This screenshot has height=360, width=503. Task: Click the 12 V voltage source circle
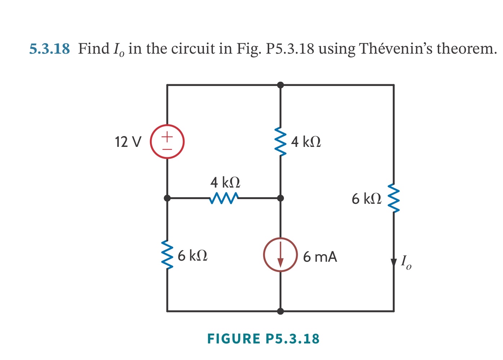coord(167,141)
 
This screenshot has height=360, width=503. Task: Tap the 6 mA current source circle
coord(280,255)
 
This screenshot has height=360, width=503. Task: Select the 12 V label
coord(128,142)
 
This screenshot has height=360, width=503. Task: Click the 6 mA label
coord(320,257)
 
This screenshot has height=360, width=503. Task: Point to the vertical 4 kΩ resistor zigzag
coord(280,141)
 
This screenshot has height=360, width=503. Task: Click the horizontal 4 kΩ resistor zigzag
coord(224,198)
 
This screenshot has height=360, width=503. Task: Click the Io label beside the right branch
coord(406,262)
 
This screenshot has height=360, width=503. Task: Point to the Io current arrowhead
coord(393,262)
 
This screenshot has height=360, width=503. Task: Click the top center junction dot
coord(280,85)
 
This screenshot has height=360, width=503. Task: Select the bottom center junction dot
coord(280,311)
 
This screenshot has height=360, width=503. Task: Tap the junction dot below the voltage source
coord(167,198)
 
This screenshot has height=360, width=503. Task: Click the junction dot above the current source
coord(280,198)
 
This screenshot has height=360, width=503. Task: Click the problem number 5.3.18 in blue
coord(49,49)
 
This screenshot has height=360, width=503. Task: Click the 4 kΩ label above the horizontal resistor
coord(225,183)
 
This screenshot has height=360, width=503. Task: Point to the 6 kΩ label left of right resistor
coord(366,199)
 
